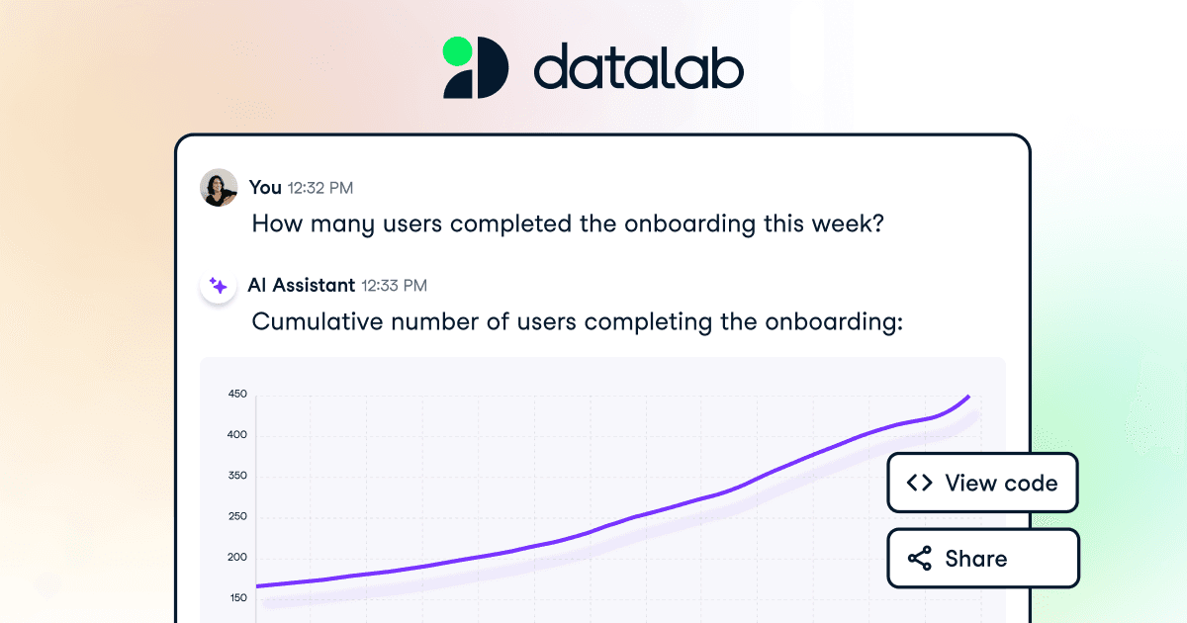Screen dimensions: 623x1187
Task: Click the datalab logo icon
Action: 475,67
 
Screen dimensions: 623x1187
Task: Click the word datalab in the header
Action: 639,68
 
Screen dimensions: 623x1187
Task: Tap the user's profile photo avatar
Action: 219,187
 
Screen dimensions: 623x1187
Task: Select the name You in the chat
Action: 265,187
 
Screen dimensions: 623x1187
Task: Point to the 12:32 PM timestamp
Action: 320,187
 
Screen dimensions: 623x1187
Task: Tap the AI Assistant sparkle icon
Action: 219,286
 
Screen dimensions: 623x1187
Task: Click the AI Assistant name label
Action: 301,286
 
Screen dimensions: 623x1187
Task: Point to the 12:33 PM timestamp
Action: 394,286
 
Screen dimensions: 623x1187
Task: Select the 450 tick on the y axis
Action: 237,395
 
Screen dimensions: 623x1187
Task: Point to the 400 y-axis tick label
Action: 237,435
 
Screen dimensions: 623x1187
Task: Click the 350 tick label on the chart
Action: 237,476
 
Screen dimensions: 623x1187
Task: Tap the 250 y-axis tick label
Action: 237,516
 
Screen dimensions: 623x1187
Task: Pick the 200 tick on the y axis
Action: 237,557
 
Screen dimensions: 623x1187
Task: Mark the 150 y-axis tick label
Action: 237,597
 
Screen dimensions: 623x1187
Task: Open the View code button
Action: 981,483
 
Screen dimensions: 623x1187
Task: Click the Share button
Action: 981,559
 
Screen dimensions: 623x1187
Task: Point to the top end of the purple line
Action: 968,397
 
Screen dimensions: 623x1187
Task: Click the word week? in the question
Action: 847,223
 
